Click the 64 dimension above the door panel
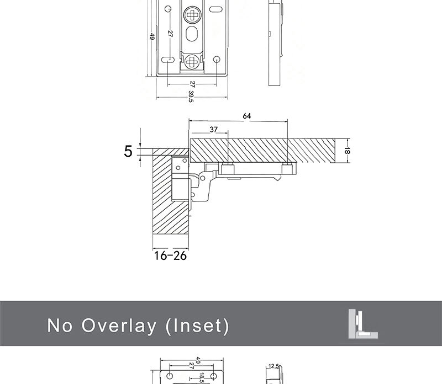click(x=246, y=116)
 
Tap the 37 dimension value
click(x=214, y=130)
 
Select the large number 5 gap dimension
click(x=128, y=151)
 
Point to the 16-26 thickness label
click(x=171, y=256)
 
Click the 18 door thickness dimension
click(x=347, y=150)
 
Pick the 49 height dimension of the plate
click(x=152, y=36)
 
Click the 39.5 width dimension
click(x=191, y=97)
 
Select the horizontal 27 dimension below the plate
click(x=192, y=84)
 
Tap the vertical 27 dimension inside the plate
click(x=170, y=34)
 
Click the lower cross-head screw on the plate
click(x=193, y=62)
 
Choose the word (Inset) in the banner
click(x=197, y=326)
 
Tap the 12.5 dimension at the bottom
click(x=273, y=366)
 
